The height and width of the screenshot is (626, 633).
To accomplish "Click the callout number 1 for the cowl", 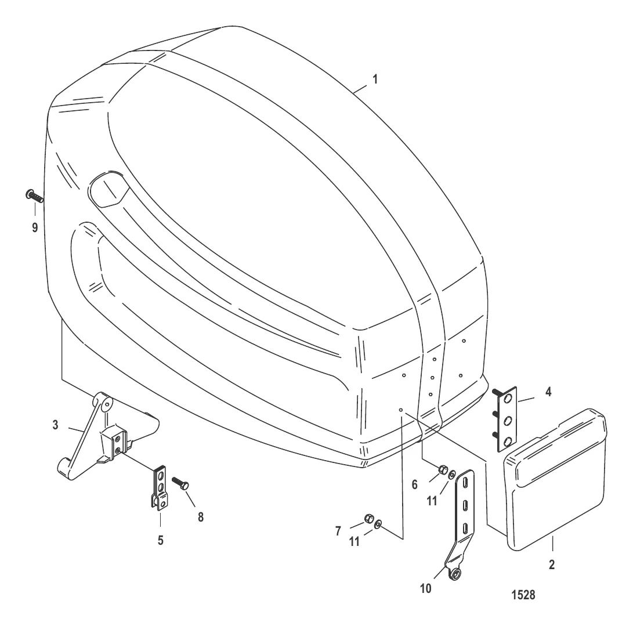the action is [375, 79].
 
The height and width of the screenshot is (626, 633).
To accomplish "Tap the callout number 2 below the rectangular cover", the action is [552, 565].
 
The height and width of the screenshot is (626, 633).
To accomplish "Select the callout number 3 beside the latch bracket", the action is [55, 425].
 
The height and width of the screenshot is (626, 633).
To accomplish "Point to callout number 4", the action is [548, 392].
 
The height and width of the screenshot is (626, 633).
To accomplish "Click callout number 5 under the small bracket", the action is [160, 541].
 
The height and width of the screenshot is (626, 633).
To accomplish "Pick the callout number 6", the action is [415, 484].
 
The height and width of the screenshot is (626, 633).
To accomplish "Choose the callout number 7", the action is [338, 531].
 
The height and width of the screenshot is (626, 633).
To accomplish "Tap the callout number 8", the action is [201, 517].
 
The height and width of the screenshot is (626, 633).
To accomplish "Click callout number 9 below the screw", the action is [35, 227].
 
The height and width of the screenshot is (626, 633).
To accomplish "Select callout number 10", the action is [426, 589].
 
